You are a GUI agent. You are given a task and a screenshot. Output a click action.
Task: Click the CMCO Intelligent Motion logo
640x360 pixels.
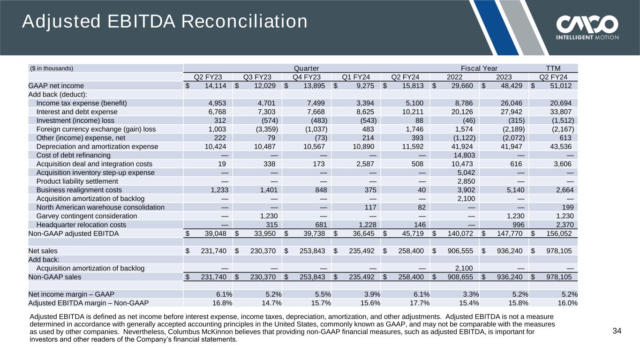click(x=587, y=27)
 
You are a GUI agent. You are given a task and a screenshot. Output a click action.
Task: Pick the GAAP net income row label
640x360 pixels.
click(x=56, y=86)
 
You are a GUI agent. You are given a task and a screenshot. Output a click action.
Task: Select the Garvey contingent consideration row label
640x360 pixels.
click(x=87, y=216)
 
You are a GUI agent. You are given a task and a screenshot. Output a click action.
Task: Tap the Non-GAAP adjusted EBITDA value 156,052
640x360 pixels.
click(x=555, y=233)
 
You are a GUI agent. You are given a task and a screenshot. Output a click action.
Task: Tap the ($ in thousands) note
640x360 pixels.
click(x=52, y=68)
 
